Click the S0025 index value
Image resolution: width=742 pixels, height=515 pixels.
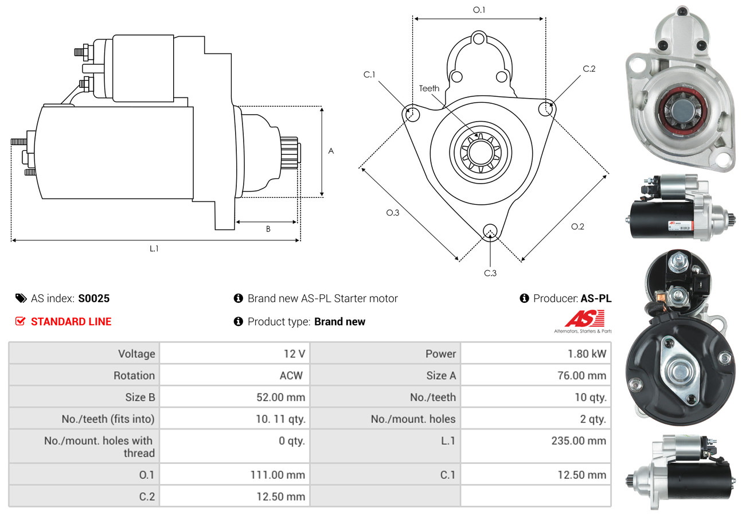[x=93, y=298]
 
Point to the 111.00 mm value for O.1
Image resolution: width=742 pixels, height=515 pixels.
[x=277, y=475]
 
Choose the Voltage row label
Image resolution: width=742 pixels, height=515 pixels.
[x=136, y=354]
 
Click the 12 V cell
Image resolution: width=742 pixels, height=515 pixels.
[x=294, y=354]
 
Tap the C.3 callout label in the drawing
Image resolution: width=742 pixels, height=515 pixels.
[x=490, y=273]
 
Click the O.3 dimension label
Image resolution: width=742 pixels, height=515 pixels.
[x=392, y=213]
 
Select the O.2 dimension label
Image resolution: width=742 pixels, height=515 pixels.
[x=577, y=227]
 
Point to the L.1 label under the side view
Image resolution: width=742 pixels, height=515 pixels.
[x=154, y=248]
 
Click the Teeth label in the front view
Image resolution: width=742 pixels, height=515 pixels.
[x=429, y=88]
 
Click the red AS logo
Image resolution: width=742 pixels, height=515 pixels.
[x=584, y=319]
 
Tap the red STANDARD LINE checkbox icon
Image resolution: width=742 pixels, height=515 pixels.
[x=21, y=321]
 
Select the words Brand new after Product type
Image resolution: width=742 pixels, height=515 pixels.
[x=339, y=322]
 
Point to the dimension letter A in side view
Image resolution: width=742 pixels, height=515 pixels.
[x=331, y=151]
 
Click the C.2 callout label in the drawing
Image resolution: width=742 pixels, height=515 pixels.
[x=589, y=69]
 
